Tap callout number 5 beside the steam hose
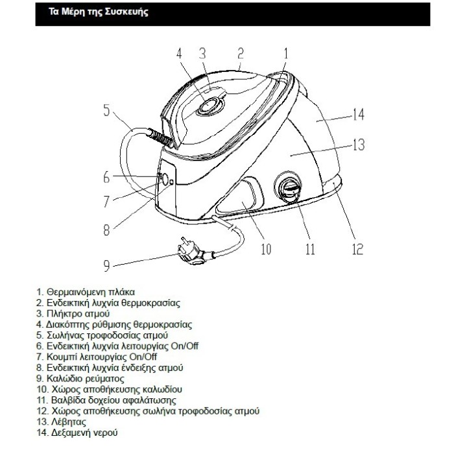click(x=106, y=110)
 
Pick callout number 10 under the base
click(x=265, y=248)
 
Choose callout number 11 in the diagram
click(x=310, y=248)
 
